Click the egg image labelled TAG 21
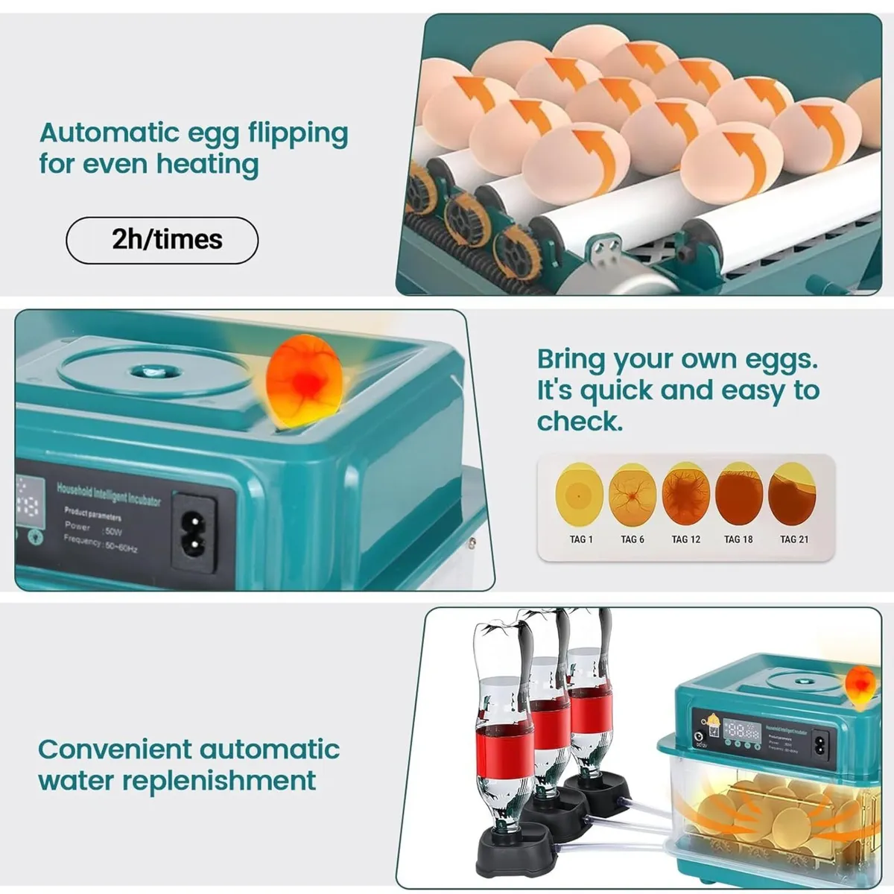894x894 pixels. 792,494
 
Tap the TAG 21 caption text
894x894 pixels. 793,539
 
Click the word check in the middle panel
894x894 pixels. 580,422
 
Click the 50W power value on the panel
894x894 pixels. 113,531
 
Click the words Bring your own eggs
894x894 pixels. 676,359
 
